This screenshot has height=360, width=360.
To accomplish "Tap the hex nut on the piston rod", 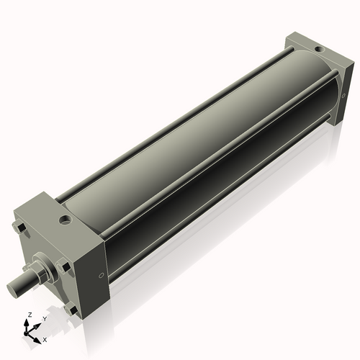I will coord(39,275).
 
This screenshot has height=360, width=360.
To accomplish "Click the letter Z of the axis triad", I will coord(29,315).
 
